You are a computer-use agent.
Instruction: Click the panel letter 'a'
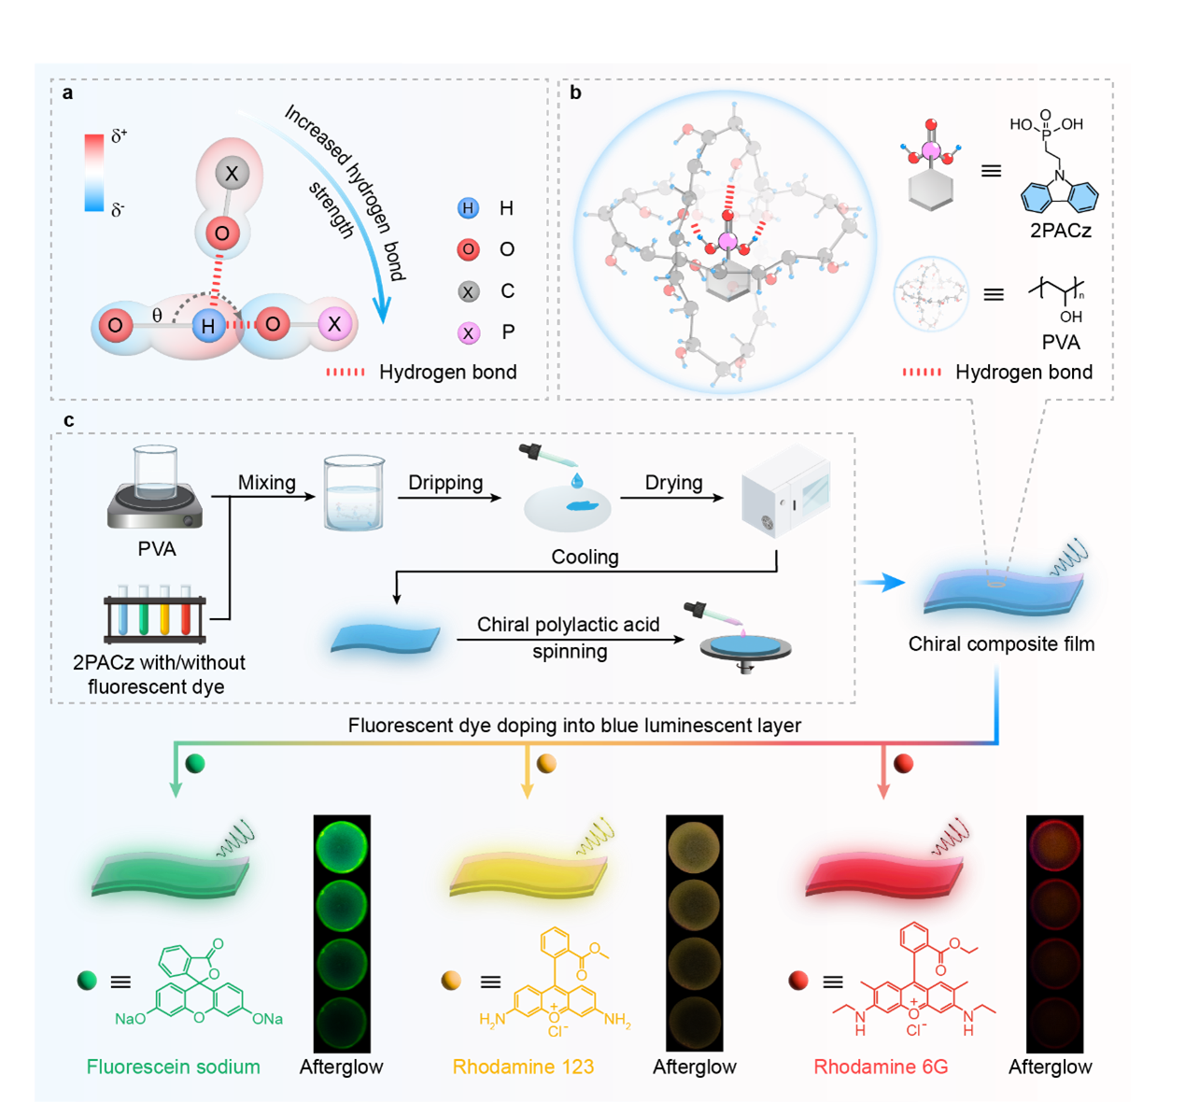(x=67, y=93)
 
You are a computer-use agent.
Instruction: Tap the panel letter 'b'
(x=575, y=93)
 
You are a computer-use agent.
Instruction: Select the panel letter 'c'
(x=68, y=421)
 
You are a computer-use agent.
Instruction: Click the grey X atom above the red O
(x=232, y=173)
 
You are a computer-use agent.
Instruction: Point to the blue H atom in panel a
(x=207, y=326)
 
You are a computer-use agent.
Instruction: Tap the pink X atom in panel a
(x=334, y=325)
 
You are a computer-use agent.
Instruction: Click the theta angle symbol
(x=157, y=316)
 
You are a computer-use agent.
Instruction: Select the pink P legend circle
(x=469, y=332)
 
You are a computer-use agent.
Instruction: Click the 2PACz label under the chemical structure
(x=1061, y=231)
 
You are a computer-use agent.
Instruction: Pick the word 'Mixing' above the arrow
(x=266, y=483)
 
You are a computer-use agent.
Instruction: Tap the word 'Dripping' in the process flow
(x=445, y=483)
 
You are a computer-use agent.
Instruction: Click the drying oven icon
(x=784, y=492)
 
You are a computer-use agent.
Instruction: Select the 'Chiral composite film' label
(x=1001, y=644)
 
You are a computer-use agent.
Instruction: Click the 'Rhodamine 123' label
(x=523, y=1067)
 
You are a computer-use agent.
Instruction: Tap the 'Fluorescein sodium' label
(x=173, y=1067)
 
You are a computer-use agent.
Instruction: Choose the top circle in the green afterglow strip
(x=342, y=848)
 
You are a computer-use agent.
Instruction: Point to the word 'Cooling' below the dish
(x=585, y=558)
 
